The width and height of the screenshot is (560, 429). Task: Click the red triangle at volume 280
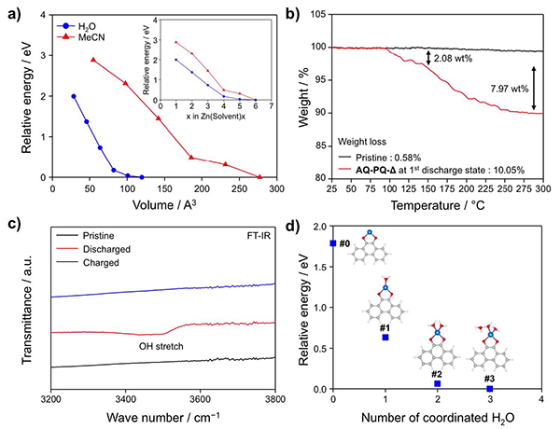coord(259,176)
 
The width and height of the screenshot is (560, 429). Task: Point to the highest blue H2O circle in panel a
coord(74,96)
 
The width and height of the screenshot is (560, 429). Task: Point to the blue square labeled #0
coord(333,243)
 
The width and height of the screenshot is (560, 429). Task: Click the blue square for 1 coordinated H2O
coord(385,337)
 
